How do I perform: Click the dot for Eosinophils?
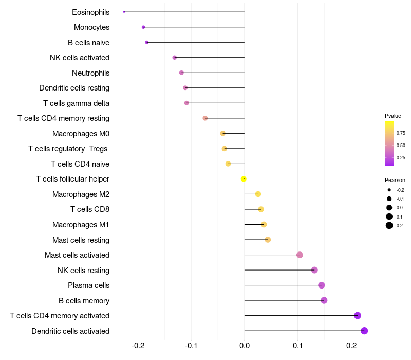(124, 12)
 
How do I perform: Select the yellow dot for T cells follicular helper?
(244, 179)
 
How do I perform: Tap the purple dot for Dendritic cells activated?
(364, 331)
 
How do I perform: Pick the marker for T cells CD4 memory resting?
(205, 118)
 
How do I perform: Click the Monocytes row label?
(91, 27)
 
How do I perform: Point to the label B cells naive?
(88, 43)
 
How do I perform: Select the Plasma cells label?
(88, 285)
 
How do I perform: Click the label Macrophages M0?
(81, 134)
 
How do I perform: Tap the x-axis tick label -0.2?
(138, 345)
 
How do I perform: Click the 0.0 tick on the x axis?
(245, 345)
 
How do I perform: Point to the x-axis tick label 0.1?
(297, 345)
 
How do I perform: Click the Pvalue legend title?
(393, 116)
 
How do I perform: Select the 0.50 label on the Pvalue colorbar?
(401, 146)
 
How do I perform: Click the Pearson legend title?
(395, 180)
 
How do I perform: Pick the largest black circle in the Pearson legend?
(389, 225)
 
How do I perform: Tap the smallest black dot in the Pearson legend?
(389, 190)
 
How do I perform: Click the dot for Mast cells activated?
(300, 255)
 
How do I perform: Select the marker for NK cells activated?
(175, 58)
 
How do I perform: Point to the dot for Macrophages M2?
(258, 194)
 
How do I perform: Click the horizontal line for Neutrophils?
(213, 73)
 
